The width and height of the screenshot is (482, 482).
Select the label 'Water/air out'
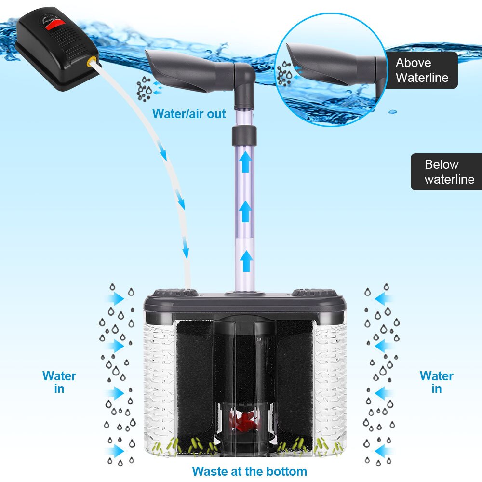pyautogui.click(x=189, y=114)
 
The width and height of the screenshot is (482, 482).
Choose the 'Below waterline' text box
pyautogui.click(x=446, y=172)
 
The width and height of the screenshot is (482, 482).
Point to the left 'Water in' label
pyautogui.click(x=59, y=382)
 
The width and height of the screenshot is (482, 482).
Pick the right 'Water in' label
pyautogui.click(x=436, y=382)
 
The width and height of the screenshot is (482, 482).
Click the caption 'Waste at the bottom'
pyautogui.click(x=249, y=471)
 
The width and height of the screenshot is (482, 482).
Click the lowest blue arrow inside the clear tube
pyautogui.click(x=246, y=262)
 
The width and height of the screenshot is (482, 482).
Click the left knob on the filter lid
pyautogui.click(x=175, y=292)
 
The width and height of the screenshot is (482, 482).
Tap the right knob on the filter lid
pyautogui.click(x=314, y=292)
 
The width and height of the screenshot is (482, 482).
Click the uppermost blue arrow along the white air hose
pyautogui.click(x=164, y=154)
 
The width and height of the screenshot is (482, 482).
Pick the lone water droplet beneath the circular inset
pyautogui.click(x=392, y=111)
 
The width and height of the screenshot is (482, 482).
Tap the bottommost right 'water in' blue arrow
pyautogui.click(x=384, y=451)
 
